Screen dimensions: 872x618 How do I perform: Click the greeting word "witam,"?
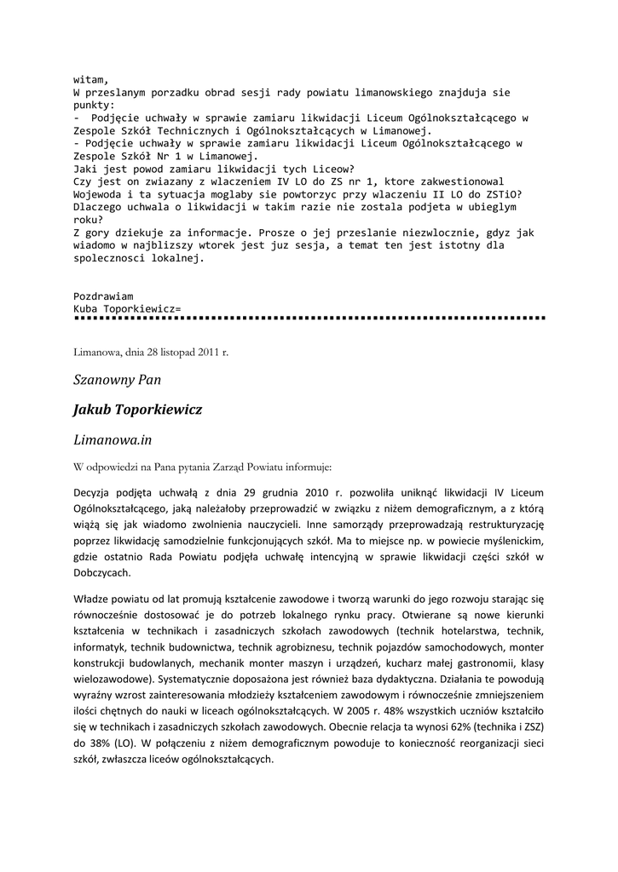coord(91,79)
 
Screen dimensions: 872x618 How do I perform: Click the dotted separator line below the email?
coord(309,318)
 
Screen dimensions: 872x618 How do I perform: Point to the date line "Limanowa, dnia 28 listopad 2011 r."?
coord(151,351)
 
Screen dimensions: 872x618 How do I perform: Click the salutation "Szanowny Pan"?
coord(117,379)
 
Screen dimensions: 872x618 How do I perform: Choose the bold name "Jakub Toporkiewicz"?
coord(137,410)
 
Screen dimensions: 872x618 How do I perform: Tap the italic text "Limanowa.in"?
coord(113,439)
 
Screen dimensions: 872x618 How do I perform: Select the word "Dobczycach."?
coord(102,574)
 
